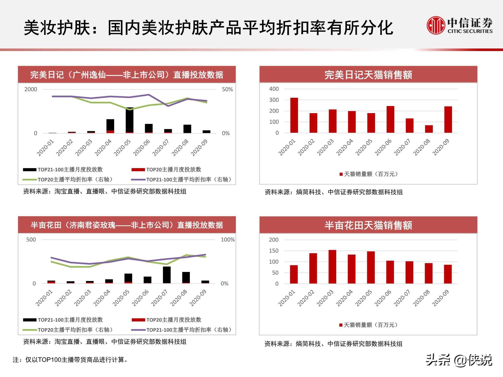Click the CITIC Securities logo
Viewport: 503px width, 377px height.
tap(459, 25)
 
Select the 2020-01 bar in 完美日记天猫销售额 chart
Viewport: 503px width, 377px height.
tap(294, 115)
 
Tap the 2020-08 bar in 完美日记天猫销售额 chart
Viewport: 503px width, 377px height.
tap(429, 129)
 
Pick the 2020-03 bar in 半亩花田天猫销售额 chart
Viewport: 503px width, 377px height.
tap(332, 267)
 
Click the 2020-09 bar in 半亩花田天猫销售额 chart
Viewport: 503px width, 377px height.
tap(448, 274)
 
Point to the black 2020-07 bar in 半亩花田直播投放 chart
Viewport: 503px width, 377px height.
tap(167, 275)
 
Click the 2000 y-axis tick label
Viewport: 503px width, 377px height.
tap(31, 89)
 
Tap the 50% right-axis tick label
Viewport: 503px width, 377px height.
tap(227, 89)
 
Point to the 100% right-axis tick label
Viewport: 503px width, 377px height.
tap(228, 240)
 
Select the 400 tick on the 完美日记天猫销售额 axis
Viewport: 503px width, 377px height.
tap(274, 89)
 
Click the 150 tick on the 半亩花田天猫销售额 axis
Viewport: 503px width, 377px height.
tap(274, 251)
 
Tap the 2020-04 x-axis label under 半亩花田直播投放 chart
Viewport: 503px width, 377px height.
tap(102, 298)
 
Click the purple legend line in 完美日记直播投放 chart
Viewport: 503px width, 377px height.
tap(138, 180)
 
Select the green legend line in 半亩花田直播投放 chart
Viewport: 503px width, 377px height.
tap(30, 330)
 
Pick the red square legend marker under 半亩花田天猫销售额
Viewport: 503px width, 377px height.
tap(341, 325)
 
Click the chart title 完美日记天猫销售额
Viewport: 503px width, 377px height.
tap(368, 75)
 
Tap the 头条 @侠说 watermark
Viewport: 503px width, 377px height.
tap(459, 360)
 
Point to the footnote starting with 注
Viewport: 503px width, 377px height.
tap(70, 360)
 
